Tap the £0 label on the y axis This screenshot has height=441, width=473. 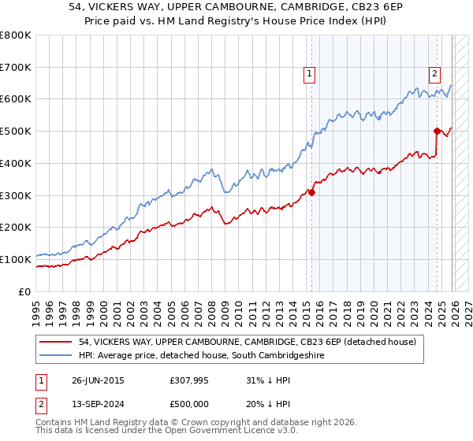[24, 291]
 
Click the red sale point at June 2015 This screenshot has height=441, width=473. [312, 191]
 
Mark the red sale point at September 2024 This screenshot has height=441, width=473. [437, 131]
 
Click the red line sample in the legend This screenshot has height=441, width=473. [56, 342]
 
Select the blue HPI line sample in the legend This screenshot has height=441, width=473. [56, 356]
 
